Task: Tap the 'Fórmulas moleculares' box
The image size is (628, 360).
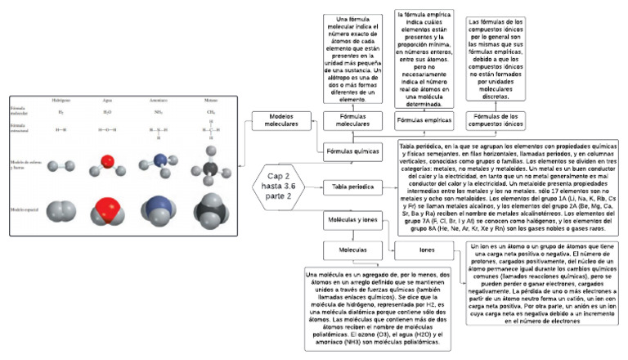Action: click(352, 120)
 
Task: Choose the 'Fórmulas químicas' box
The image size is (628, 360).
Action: click(352, 152)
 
